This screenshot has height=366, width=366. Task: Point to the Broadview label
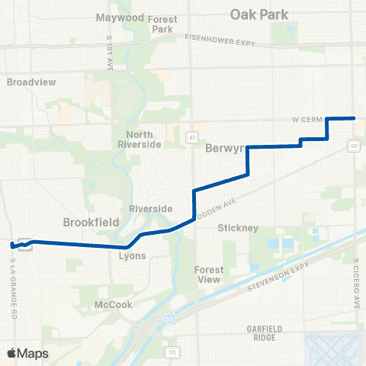click(27, 81)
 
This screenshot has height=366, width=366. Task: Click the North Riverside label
click(135, 139)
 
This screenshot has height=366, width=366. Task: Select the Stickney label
click(238, 227)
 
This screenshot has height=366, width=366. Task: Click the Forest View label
click(208, 274)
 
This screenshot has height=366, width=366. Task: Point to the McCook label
click(113, 304)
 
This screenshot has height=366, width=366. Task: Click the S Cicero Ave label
click(355, 283)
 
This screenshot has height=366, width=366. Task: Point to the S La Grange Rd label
click(13, 282)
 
